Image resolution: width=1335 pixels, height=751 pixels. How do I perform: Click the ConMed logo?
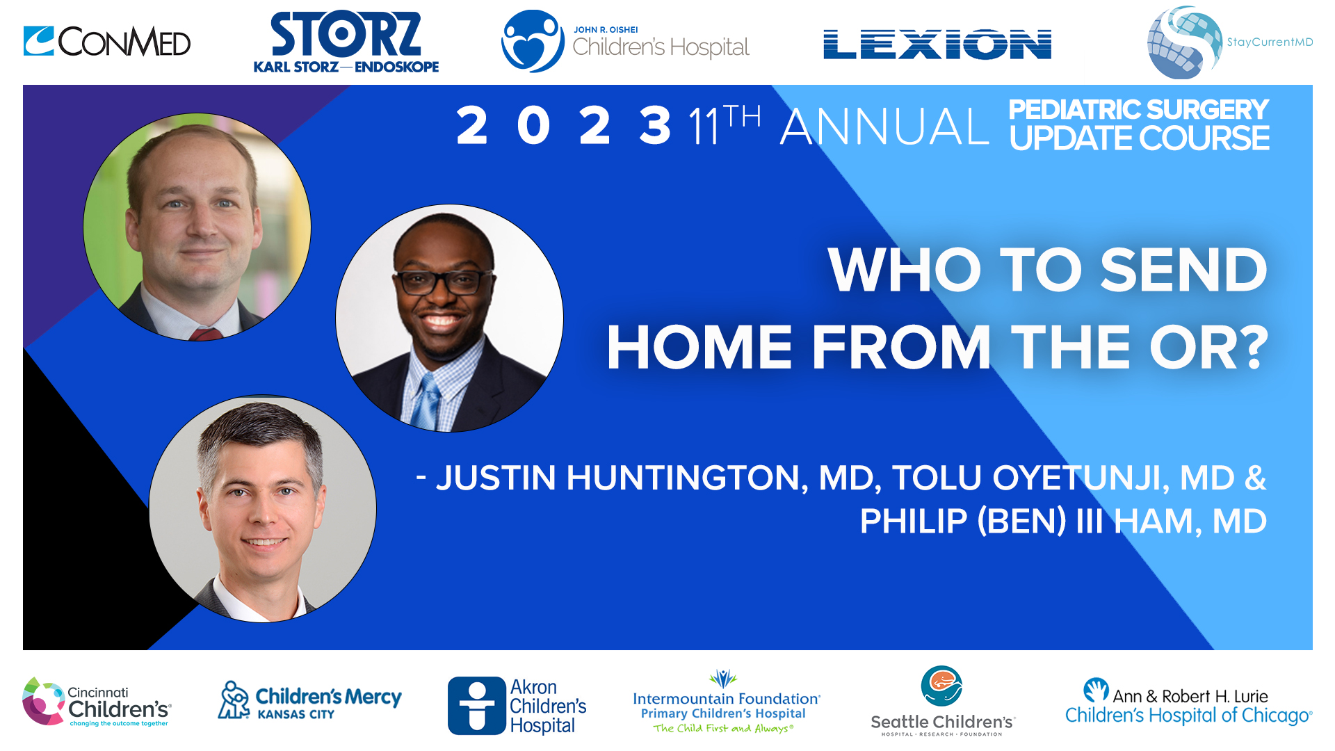(x=106, y=42)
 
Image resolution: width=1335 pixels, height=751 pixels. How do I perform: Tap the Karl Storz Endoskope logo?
(x=346, y=42)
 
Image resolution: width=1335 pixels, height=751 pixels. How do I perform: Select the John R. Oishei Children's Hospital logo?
(x=624, y=42)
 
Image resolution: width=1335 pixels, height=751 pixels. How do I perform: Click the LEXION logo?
(x=937, y=45)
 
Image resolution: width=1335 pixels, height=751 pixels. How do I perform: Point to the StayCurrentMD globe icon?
(x=1183, y=42)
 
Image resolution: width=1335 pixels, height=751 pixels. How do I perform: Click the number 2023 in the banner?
(x=563, y=127)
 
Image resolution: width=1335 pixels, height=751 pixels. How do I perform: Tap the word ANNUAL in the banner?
(x=884, y=127)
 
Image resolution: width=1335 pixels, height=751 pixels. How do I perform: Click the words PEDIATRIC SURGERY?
(x=1138, y=110)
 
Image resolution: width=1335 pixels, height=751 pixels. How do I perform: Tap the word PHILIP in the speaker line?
(x=913, y=522)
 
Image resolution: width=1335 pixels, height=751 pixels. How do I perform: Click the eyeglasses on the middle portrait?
(x=443, y=282)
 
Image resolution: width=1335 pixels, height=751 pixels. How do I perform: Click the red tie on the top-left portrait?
(x=206, y=334)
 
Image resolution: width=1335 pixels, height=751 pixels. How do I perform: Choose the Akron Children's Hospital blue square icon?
(x=476, y=705)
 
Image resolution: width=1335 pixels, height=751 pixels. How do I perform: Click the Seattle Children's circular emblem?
(x=941, y=686)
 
